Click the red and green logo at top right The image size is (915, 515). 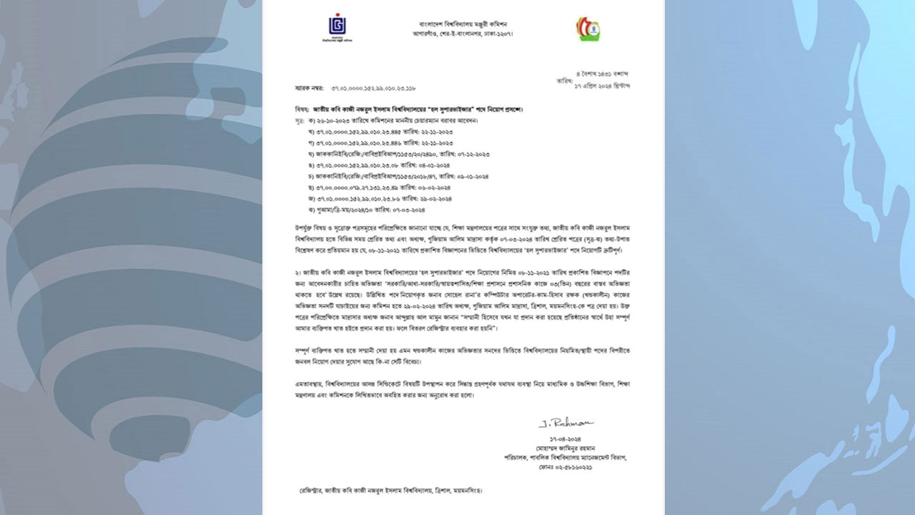click(588, 28)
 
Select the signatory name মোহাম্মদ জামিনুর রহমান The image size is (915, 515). click(565, 447)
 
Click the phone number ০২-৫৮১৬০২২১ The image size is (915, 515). click(565, 467)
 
